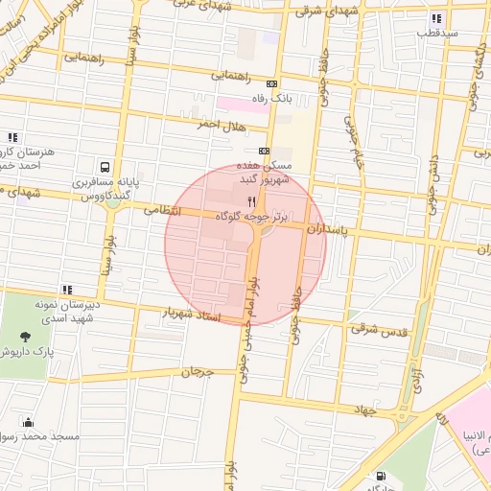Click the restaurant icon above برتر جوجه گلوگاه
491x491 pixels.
click(252, 201)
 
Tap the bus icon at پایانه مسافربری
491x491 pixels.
click(105, 165)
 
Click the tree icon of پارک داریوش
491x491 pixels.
click(24, 337)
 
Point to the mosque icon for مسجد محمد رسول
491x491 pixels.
click(28, 422)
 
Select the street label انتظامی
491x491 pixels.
click(161, 208)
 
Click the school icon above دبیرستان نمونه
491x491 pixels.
click(66, 289)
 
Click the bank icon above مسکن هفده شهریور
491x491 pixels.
click(265, 151)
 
